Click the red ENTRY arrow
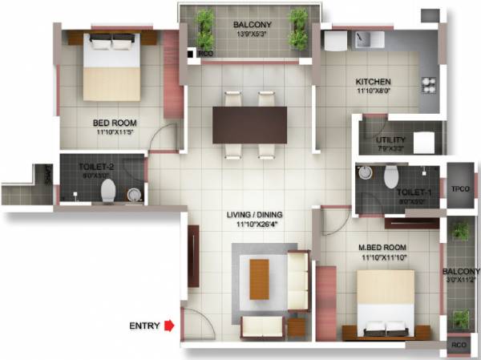pos(169,326)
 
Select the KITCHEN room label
pos(373,82)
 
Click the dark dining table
pos(249,124)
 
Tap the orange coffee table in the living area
pos(259,277)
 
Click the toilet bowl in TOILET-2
pos(108,190)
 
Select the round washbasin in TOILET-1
pos(365,173)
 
